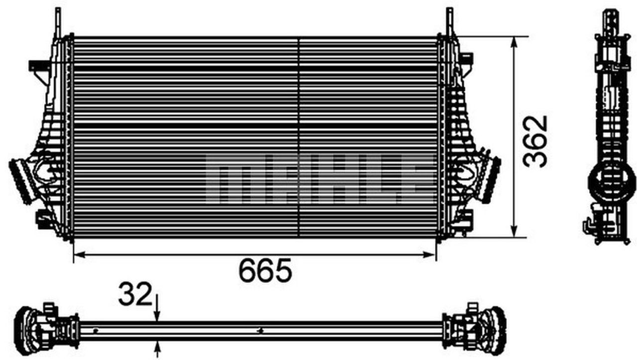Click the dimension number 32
click(x=134, y=295)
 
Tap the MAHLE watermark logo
click(x=318, y=178)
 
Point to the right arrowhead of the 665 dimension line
click(x=431, y=255)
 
